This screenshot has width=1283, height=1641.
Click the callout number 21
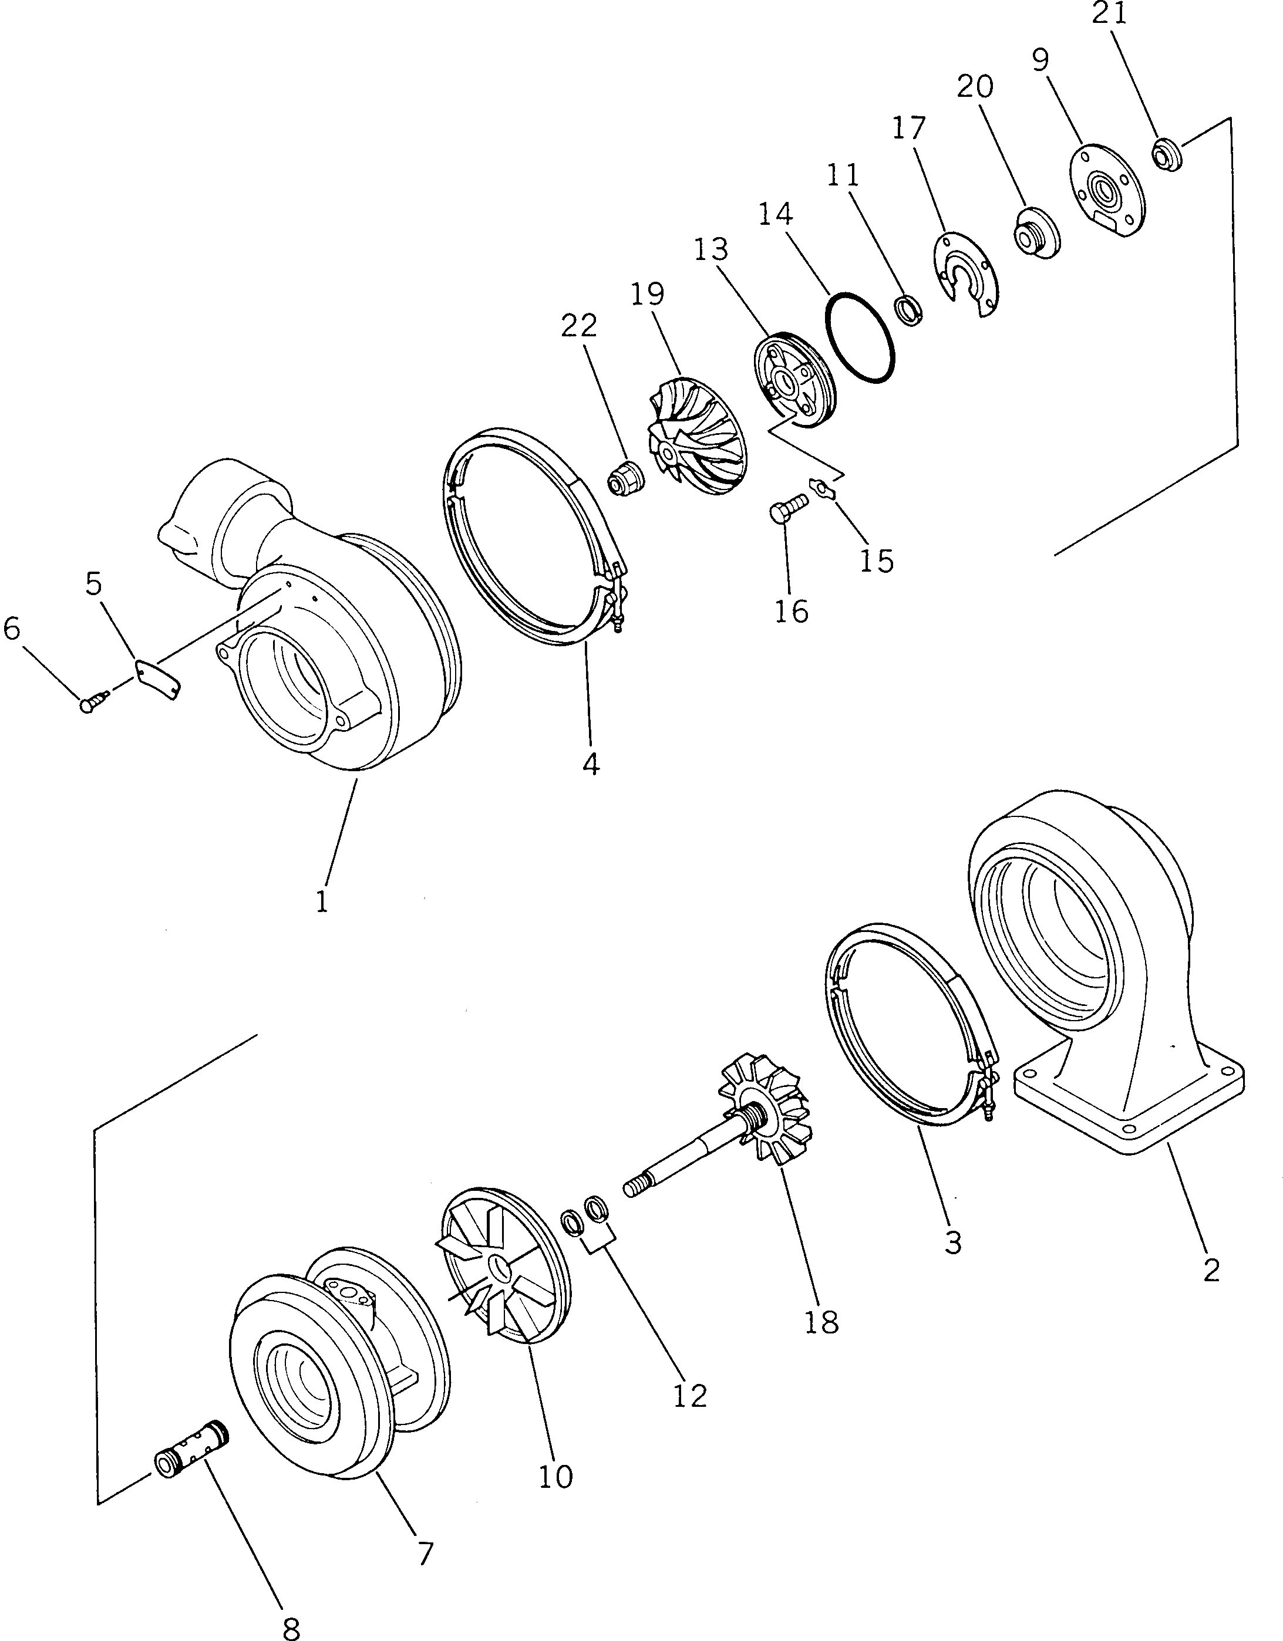(x=1110, y=13)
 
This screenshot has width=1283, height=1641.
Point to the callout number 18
(x=821, y=1322)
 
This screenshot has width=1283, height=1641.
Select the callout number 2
(x=1211, y=1269)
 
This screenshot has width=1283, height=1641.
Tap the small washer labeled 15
(x=824, y=488)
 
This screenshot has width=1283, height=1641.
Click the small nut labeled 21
(x=1167, y=156)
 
